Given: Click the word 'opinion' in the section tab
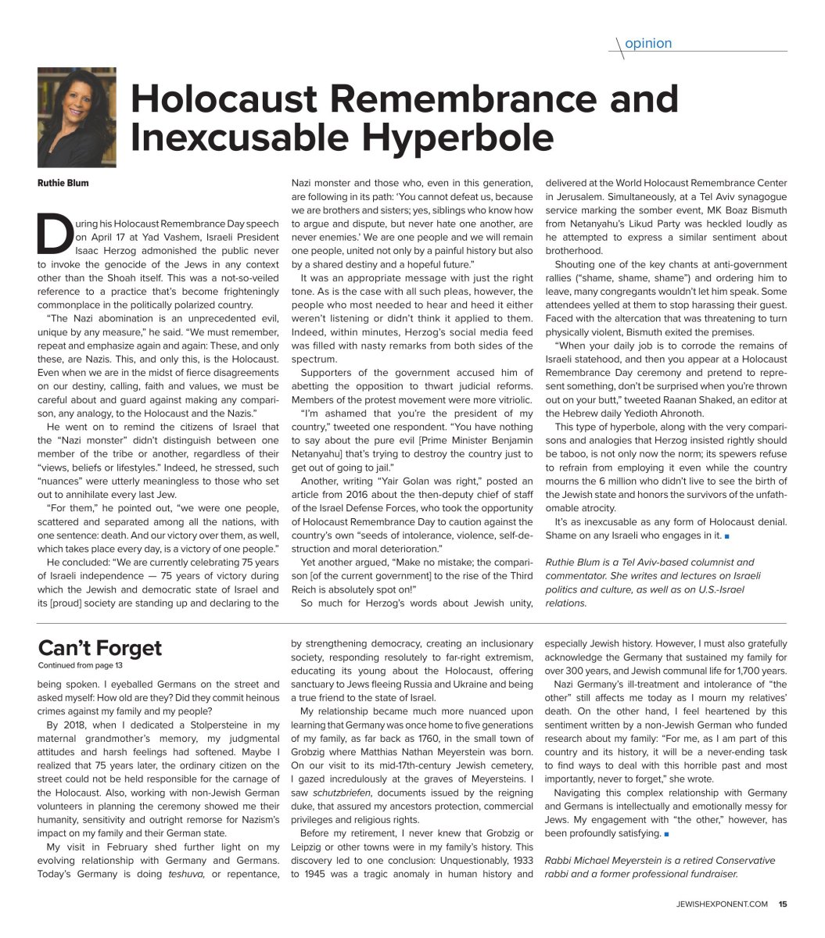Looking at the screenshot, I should pos(648,44).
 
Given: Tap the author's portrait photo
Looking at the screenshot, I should pos(77,117).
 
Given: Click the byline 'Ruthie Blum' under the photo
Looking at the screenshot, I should pos(63,184).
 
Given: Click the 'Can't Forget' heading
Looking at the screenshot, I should pos(99,648).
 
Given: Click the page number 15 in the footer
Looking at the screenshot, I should pos(782,904).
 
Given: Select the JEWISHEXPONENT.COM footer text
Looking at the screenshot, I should pos(723,904).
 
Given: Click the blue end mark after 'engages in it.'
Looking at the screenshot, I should pos(727,536).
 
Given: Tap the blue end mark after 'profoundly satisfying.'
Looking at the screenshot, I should pos(666,834).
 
